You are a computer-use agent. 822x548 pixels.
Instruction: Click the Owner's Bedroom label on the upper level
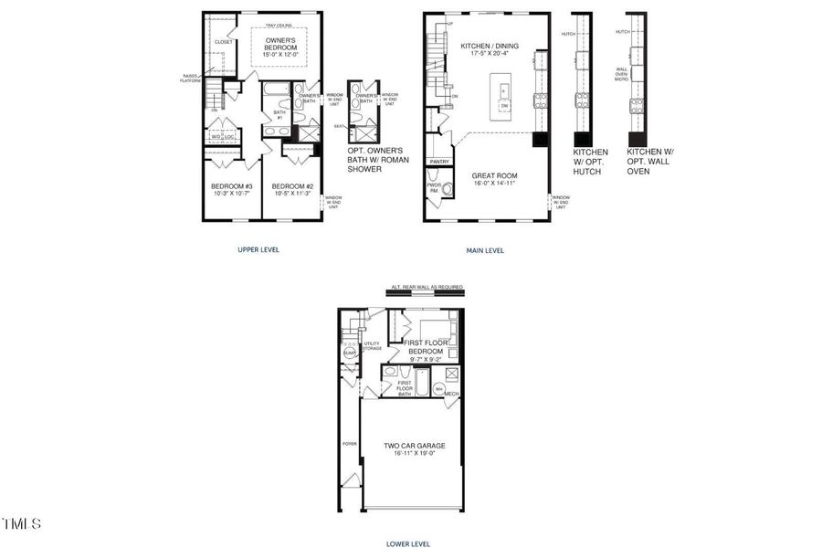pos(280,45)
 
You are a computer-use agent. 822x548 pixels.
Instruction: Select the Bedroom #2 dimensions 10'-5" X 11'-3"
pos(292,193)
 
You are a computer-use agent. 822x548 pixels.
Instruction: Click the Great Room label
pos(494,175)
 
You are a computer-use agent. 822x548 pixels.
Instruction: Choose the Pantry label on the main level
pos(440,161)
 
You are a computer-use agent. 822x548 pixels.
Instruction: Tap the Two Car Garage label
pos(416,445)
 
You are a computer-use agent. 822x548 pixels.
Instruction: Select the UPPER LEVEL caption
pos(259,249)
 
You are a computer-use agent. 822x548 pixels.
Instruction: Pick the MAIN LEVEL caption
pos(484,250)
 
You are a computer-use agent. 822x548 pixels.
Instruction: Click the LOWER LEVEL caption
pos(407,543)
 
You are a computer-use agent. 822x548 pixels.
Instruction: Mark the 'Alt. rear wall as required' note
pos(427,288)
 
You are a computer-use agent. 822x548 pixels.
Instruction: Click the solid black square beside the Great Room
pos(541,140)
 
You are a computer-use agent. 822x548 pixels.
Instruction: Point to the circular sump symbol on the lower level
pos(350,353)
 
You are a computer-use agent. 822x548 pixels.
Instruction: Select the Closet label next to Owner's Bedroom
pos(223,42)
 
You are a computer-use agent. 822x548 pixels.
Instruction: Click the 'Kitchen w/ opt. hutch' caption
pos(590,161)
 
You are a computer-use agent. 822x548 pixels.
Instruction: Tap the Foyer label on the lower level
pos(349,444)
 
